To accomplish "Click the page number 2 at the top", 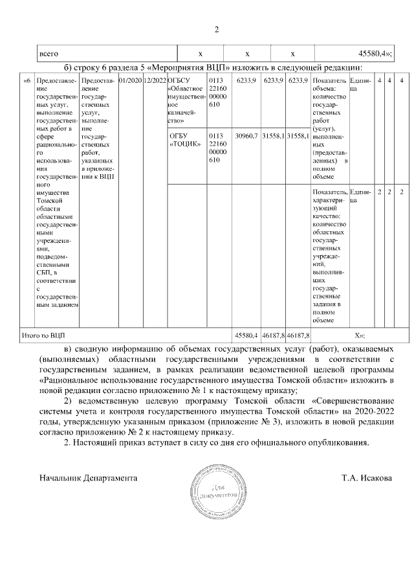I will [x=217, y=29].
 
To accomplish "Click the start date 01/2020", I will [x=130, y=80].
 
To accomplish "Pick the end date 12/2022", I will [x=155, y=80].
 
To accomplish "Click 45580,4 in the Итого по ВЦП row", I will [x=246, y=335].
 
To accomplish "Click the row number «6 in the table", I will [x=27, y=80].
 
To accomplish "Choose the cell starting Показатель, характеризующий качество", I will [x=329, y=255].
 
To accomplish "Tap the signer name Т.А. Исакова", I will [x=367, y=478].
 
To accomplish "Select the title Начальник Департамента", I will [x=88, y=478].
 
